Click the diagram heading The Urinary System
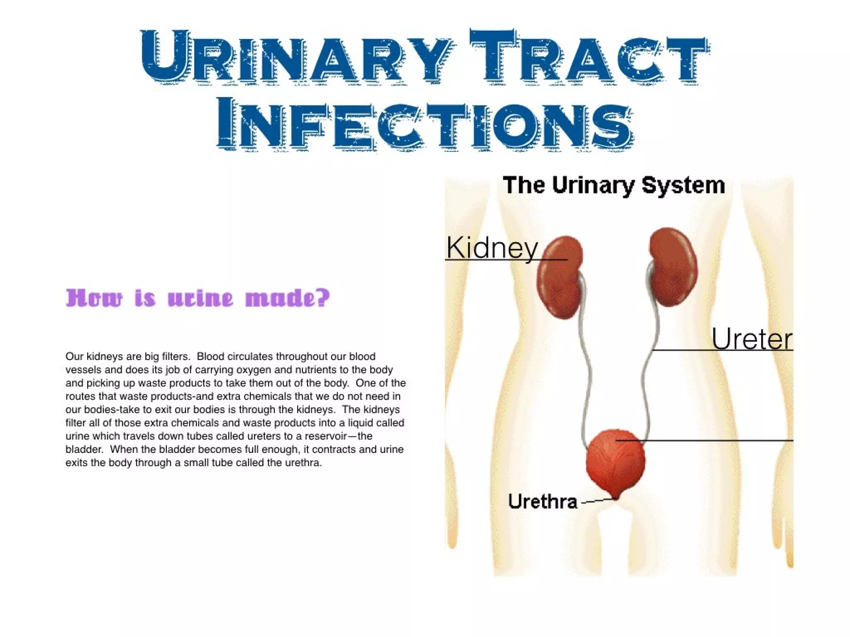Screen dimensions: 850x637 614,185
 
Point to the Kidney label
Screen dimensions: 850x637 492,248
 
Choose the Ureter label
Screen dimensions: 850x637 752,339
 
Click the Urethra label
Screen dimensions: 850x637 542,502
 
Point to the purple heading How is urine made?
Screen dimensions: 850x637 198,298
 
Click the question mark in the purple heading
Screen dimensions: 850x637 322,297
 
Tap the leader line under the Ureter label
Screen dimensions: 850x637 722,350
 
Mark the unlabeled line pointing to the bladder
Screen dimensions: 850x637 706,440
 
